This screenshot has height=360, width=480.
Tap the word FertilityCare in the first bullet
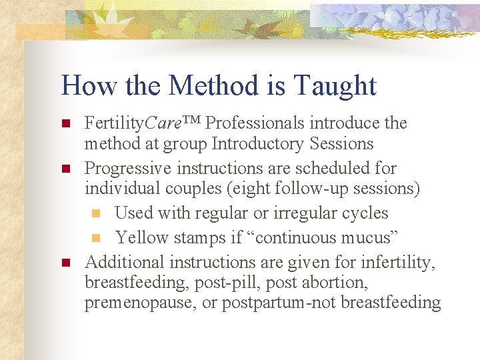pos(129,123)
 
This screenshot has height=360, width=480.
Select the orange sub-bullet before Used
pos(95,214)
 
